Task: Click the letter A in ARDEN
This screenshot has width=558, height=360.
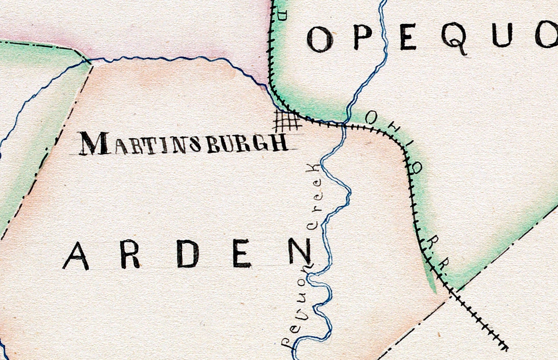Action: (x=76, y=256)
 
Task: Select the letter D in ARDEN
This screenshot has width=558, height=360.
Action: (x=188, y=254)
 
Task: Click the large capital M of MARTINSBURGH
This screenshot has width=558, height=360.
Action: (x=94, y=143)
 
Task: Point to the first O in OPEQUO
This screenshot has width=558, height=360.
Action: (x=320, y=40)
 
